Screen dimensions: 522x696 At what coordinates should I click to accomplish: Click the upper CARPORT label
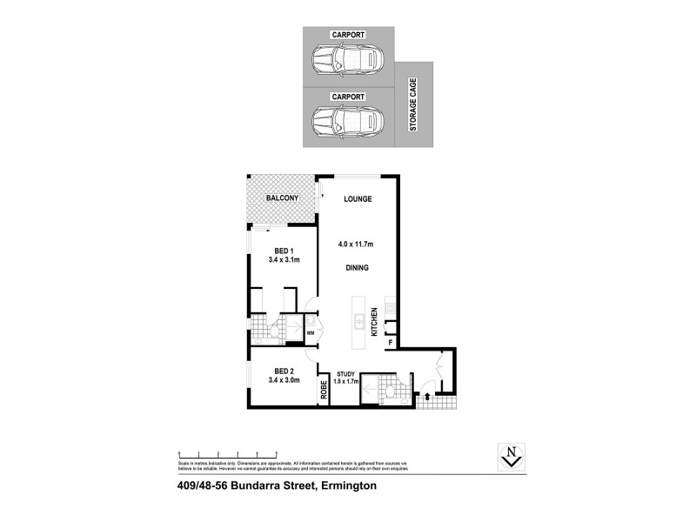(348, 34)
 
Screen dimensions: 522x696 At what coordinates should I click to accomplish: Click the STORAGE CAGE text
(413, 104)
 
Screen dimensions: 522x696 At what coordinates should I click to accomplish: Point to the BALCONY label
(283, 198)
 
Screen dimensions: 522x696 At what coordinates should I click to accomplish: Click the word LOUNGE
(358, 198)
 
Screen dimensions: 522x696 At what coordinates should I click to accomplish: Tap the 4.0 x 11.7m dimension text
(358, 244)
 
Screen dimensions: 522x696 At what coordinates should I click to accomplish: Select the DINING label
(358, 269)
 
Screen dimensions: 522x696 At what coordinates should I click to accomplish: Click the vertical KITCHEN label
(375, 322)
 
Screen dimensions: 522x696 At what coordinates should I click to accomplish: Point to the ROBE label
(324, 390)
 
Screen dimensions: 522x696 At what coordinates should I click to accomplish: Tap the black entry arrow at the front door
(426, 398)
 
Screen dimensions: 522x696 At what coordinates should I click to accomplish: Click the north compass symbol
(513, 454)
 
